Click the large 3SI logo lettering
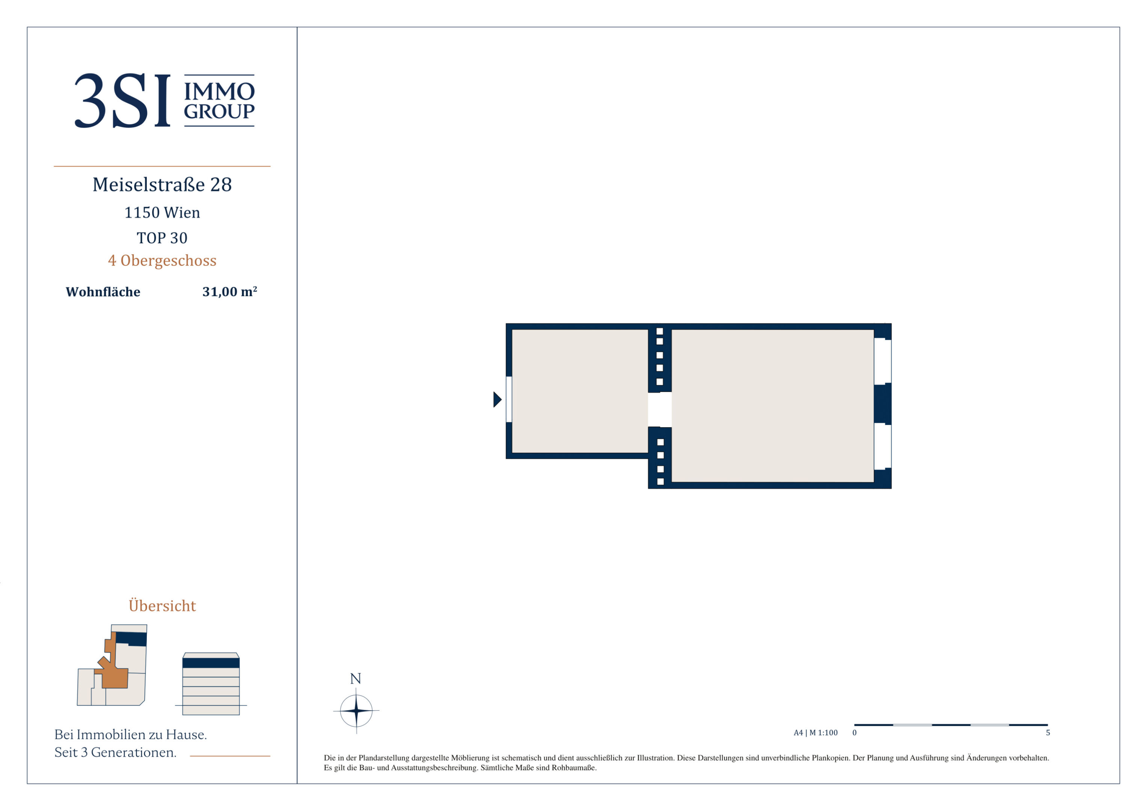(x=122, y=101)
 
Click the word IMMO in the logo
(x=219, y=92)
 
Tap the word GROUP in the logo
(x=219, y=112)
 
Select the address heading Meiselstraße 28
(x=162, y=185)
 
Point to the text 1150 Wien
(x=162, y=213)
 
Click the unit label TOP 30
(x=162, y=238)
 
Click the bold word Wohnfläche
(x=103, y=292)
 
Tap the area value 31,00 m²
(x=230, y=291)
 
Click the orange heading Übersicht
(x=162, y=605)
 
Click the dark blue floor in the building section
(x=211, y=663)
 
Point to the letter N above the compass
(x=356, y=678)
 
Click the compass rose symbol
(x=356, y=710)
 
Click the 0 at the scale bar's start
(x=854, y=733)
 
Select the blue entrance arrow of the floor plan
(x=497, y=399)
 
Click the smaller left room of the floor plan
(x=580, y=391)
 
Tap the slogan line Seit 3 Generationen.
(x=115, y=752)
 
